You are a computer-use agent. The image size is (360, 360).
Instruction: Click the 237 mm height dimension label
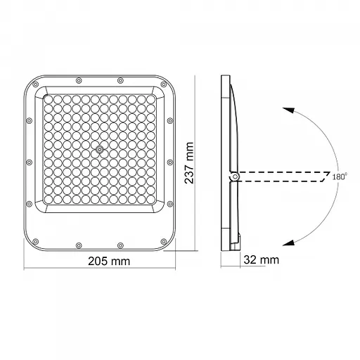click(x=189, y=163)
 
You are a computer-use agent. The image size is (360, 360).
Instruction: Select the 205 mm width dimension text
click(x=100, y=261)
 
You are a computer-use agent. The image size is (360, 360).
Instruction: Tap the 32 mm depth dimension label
click(x=260, y=259)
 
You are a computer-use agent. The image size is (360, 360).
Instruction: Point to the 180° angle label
click(x=339, y=176)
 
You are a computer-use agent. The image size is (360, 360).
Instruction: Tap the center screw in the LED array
click(x=100, y=150)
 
